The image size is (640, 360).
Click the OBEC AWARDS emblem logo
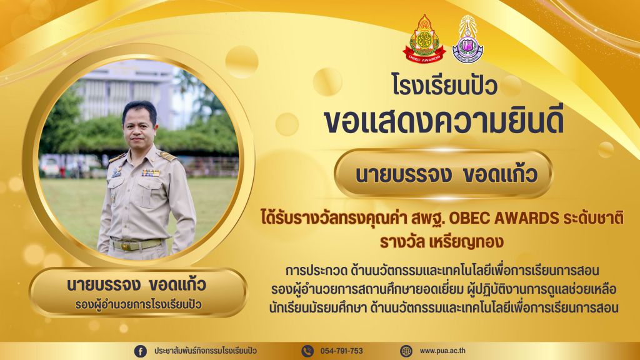coord(424,39)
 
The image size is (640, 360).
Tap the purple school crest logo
coord(467,39)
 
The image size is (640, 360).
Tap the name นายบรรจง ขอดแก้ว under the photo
coord(137,284)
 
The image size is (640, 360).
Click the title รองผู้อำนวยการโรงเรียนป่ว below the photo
coord(138,304)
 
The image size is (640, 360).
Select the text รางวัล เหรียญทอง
coord(441,242)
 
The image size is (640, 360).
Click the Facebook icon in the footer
coord(141,351)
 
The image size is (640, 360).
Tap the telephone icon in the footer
coord(307,351)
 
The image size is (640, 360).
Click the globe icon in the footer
coord(406,351)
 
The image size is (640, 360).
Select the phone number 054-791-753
coord(342,351)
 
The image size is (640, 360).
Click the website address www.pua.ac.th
coord(442,351)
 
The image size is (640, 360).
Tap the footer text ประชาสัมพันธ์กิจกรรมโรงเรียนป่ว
coord(205,351)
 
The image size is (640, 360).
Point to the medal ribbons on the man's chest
coord(151,172)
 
